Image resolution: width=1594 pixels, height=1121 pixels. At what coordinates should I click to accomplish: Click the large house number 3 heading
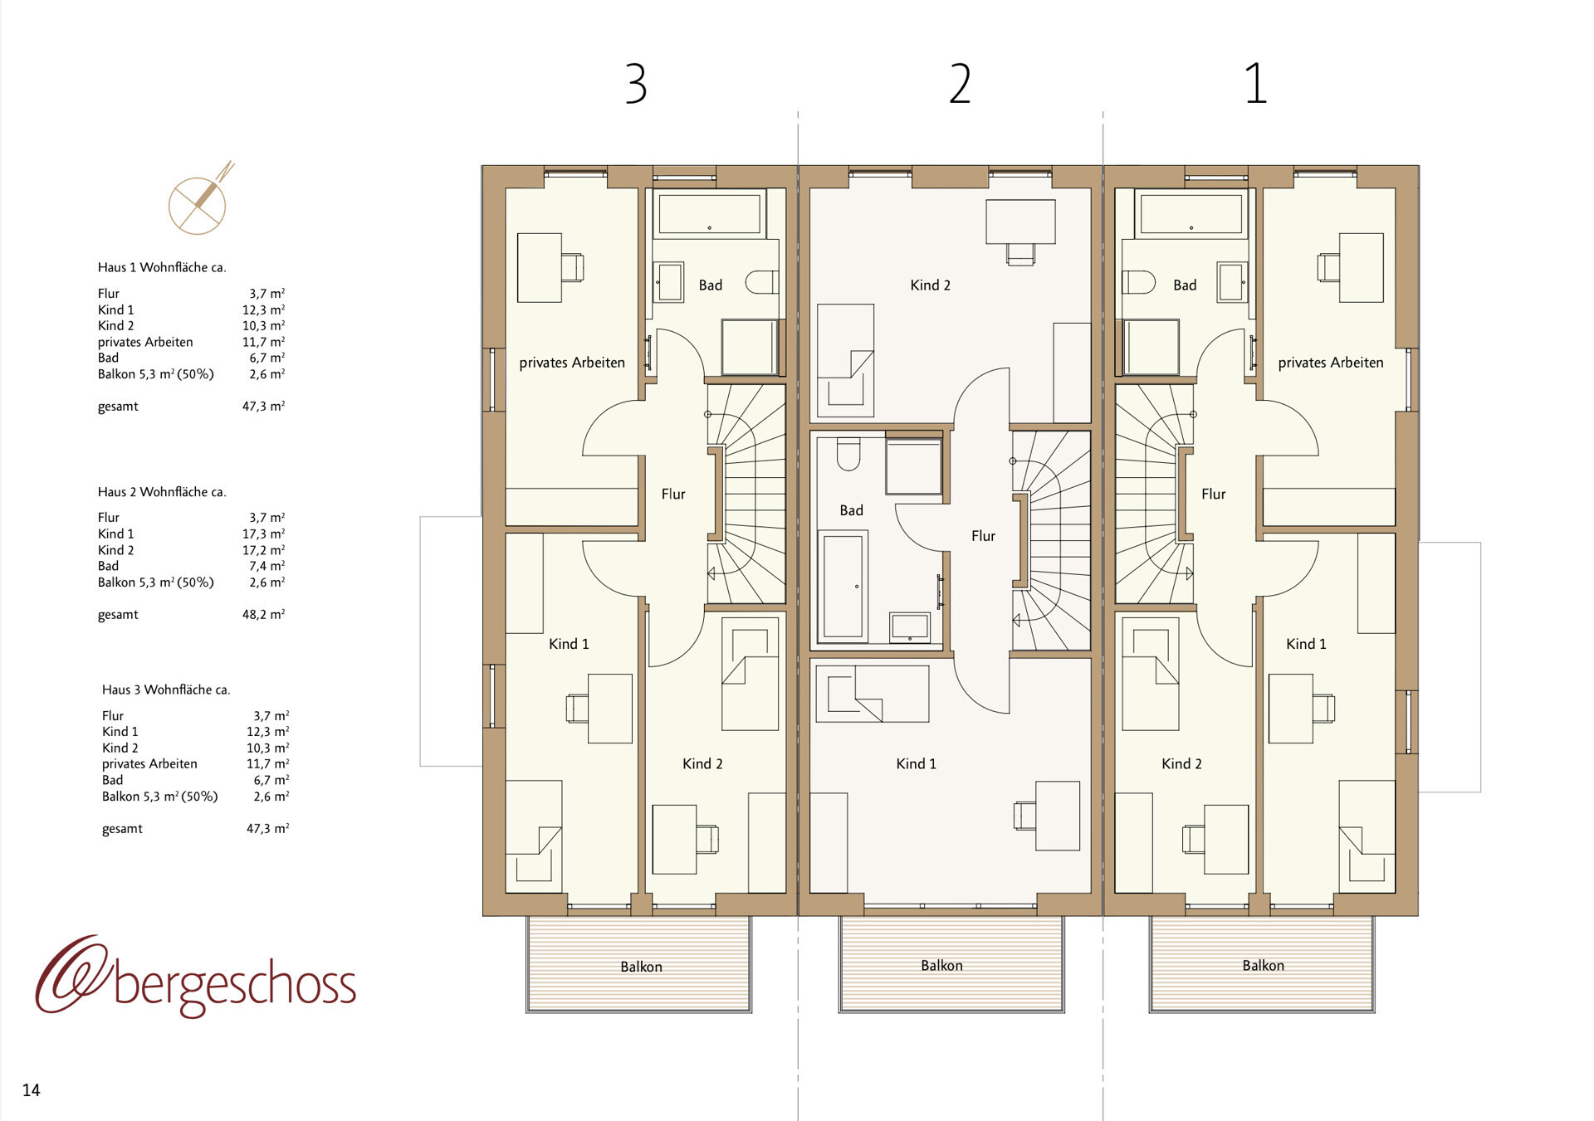636,84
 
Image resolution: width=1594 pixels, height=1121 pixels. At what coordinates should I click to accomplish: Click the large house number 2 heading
960,84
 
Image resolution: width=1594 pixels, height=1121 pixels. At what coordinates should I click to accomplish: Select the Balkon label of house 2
941,965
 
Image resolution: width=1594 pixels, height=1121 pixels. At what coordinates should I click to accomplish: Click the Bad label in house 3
710,285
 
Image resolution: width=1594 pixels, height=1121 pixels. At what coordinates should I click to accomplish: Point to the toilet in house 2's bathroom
848,453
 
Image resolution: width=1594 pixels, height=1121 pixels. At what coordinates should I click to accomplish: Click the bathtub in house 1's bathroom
1191,214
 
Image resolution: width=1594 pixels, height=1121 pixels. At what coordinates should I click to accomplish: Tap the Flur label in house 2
983,536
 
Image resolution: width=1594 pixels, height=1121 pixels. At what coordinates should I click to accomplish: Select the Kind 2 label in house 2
930,285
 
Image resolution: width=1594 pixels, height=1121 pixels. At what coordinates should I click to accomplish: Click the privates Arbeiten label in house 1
1330,363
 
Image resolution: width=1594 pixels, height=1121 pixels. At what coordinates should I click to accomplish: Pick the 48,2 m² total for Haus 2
263,615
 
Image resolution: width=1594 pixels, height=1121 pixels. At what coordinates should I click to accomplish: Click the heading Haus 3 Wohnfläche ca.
166,690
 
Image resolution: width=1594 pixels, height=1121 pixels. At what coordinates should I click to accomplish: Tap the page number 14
32,1090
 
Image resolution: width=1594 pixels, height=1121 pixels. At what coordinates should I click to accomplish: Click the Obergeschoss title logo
196,979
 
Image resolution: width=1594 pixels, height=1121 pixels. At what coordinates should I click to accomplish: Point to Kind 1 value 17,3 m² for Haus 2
263,534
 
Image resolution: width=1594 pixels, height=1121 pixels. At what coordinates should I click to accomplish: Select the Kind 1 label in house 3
569,644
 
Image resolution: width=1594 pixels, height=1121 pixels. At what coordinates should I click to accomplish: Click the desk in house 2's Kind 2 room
1020,222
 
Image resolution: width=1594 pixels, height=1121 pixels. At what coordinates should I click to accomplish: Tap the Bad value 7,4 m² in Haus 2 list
266,567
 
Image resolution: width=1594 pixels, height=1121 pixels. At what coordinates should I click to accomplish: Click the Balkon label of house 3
641,967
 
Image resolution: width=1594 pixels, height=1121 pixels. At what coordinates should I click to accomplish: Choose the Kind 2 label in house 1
1181,763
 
